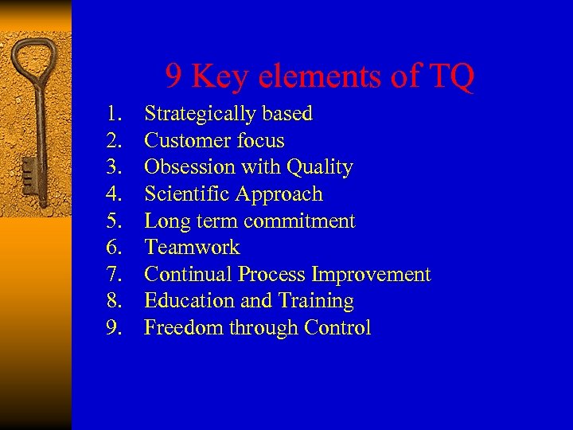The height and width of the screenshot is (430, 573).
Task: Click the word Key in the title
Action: tap(220, 77)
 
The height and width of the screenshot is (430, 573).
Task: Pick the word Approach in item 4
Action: tap(286, 195)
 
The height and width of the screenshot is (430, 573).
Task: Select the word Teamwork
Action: tap(192, 248)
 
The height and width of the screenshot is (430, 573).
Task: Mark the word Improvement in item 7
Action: tap(371, 276)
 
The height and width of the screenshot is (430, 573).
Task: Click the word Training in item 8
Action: tap(316, 302)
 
